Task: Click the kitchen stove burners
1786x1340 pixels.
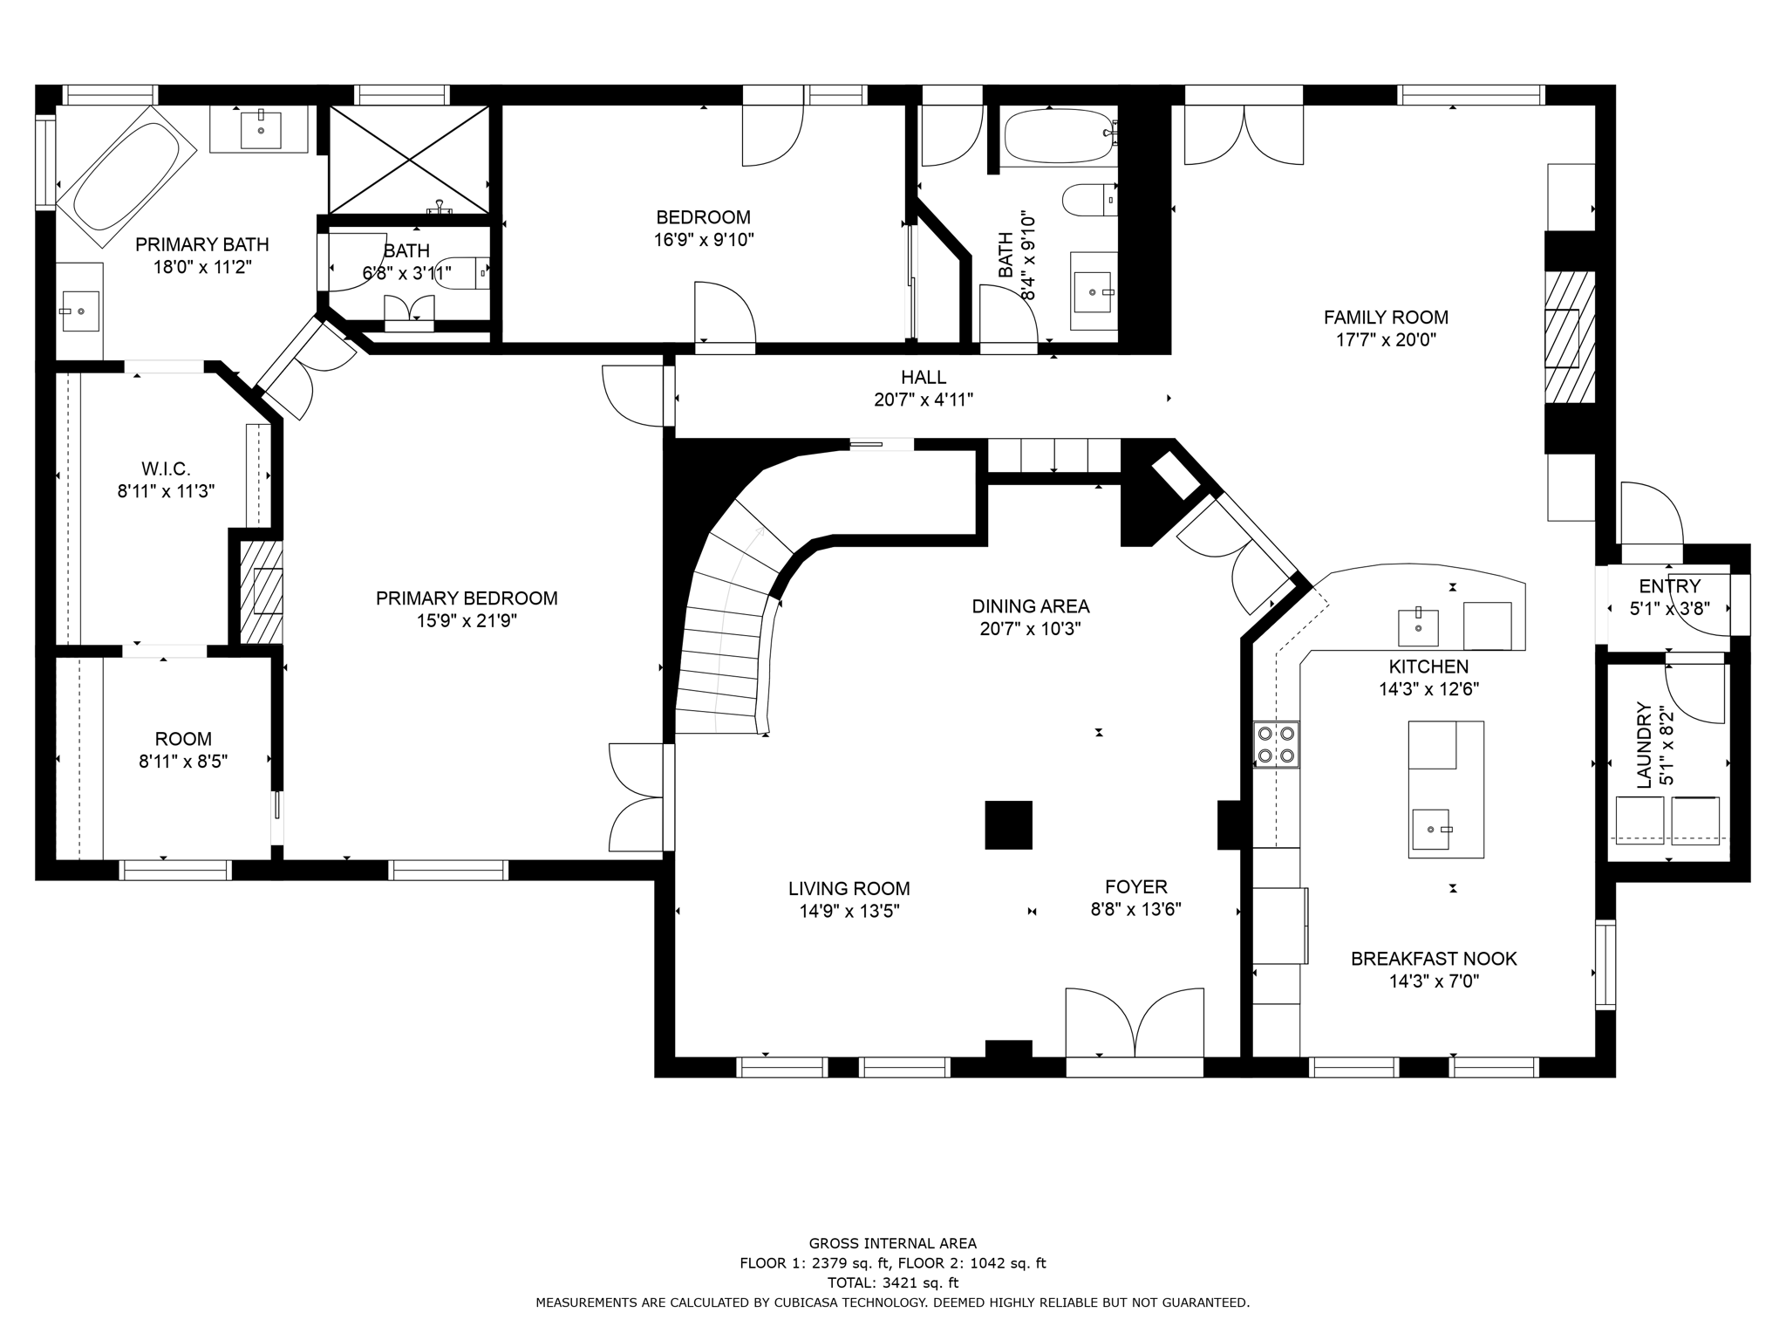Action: (x=1276, y=744)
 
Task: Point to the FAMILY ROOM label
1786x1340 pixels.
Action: (x=1386, y=318)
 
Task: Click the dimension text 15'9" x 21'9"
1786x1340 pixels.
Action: (x=467, y=621)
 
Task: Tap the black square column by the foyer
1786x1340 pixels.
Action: (x=1008, y=824)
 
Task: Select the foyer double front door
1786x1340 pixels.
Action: (x=1135, y=1025)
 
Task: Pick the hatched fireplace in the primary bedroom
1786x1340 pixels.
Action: (x=262, y=593)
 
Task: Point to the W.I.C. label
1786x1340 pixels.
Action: (x=166, y=469)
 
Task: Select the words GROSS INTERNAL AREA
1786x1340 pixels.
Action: (x=892, y=1244)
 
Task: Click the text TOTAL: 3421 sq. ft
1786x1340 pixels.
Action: (x=892, y=1282)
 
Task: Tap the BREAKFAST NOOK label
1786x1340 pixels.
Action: (x=1434, y=959)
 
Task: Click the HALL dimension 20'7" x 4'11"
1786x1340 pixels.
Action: (x=924, y=400)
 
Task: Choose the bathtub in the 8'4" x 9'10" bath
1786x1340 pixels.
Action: (x=1057, y=136)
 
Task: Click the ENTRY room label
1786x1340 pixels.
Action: (x=1669, y=586)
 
